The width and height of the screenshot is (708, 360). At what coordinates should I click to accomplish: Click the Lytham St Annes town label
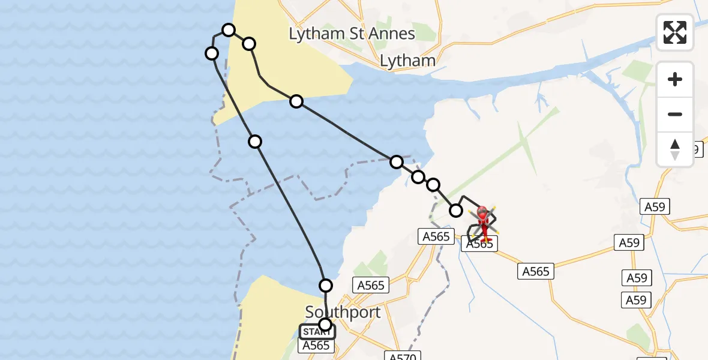(352, 34)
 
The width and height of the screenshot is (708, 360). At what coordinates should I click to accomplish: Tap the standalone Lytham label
(407, 61)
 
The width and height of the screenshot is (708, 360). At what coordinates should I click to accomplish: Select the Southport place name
(343, 313)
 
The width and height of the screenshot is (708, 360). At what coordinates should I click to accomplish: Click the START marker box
(317, 332)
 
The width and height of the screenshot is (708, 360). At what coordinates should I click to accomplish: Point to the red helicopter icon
(483, 223)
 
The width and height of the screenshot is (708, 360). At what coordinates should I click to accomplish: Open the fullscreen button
(675, 32)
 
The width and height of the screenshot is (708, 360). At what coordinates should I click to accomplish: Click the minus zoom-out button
(675, 114)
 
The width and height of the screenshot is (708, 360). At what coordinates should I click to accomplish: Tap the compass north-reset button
(675, 149)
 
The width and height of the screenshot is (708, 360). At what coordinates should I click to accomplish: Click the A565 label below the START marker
(316, 346)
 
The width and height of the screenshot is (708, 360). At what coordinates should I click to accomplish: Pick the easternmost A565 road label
(535, 271)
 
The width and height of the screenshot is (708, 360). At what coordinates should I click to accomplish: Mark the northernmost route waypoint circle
(228, 30)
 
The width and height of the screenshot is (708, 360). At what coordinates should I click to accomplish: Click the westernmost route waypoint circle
(212, 53)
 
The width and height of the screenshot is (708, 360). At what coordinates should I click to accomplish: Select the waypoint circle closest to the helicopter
(456, 210)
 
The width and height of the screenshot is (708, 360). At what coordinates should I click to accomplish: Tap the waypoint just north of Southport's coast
(326, 285)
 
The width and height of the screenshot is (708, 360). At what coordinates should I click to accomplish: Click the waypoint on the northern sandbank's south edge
(296, 101)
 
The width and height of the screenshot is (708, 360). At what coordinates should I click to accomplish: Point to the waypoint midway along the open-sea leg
(255, 142)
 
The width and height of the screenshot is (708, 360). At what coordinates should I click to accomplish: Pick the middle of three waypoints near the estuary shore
(418, 176)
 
